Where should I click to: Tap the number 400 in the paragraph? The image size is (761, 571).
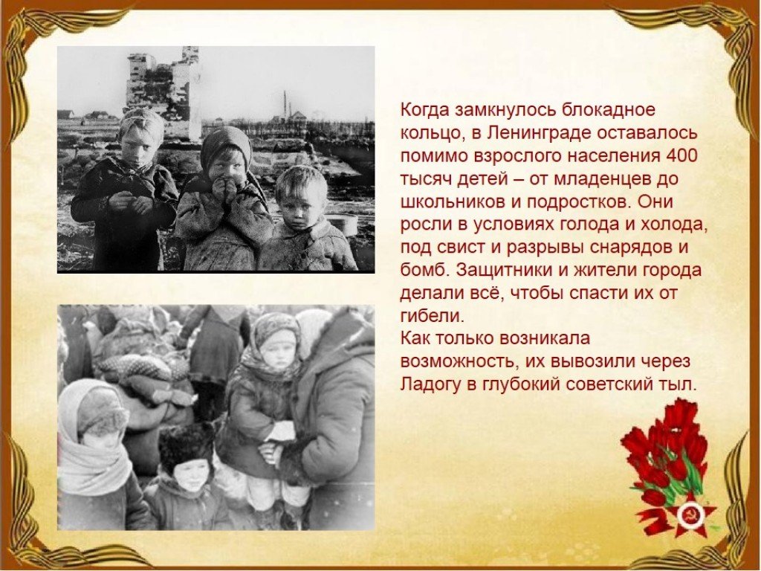(681, 156)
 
